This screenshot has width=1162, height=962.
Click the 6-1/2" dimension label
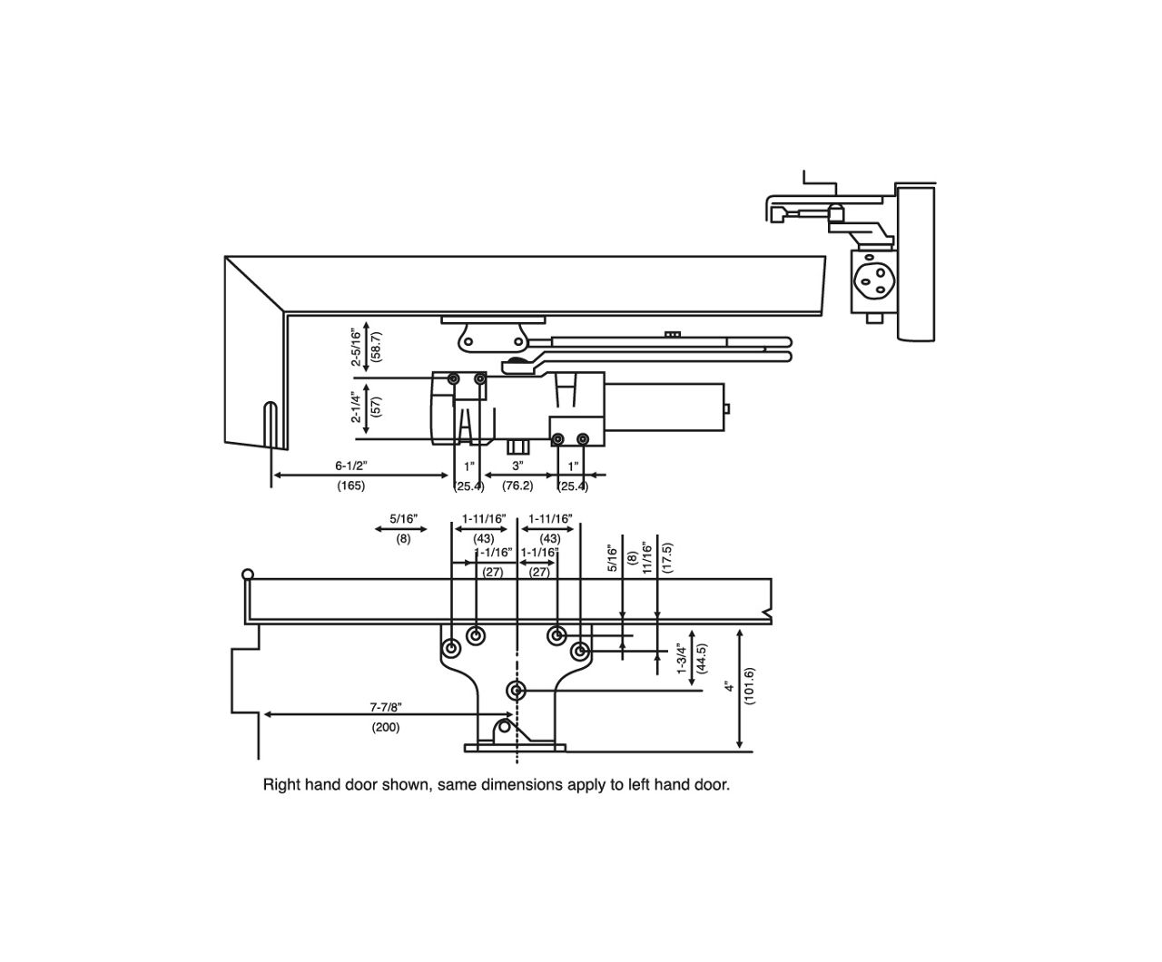(350, 466)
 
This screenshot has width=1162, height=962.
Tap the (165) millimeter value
(350, 486)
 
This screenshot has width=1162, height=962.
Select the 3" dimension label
(517, 466)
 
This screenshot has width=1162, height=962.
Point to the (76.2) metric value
(517, 486)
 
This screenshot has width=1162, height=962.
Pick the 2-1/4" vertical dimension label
(356, 408)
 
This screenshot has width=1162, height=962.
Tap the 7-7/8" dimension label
(386, 706)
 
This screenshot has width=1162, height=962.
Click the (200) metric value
(385, 728)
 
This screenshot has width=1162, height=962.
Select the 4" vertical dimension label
(729, 687)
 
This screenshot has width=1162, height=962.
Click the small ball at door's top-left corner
(246, 574)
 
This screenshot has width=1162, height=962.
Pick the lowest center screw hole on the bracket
(517, 692)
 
